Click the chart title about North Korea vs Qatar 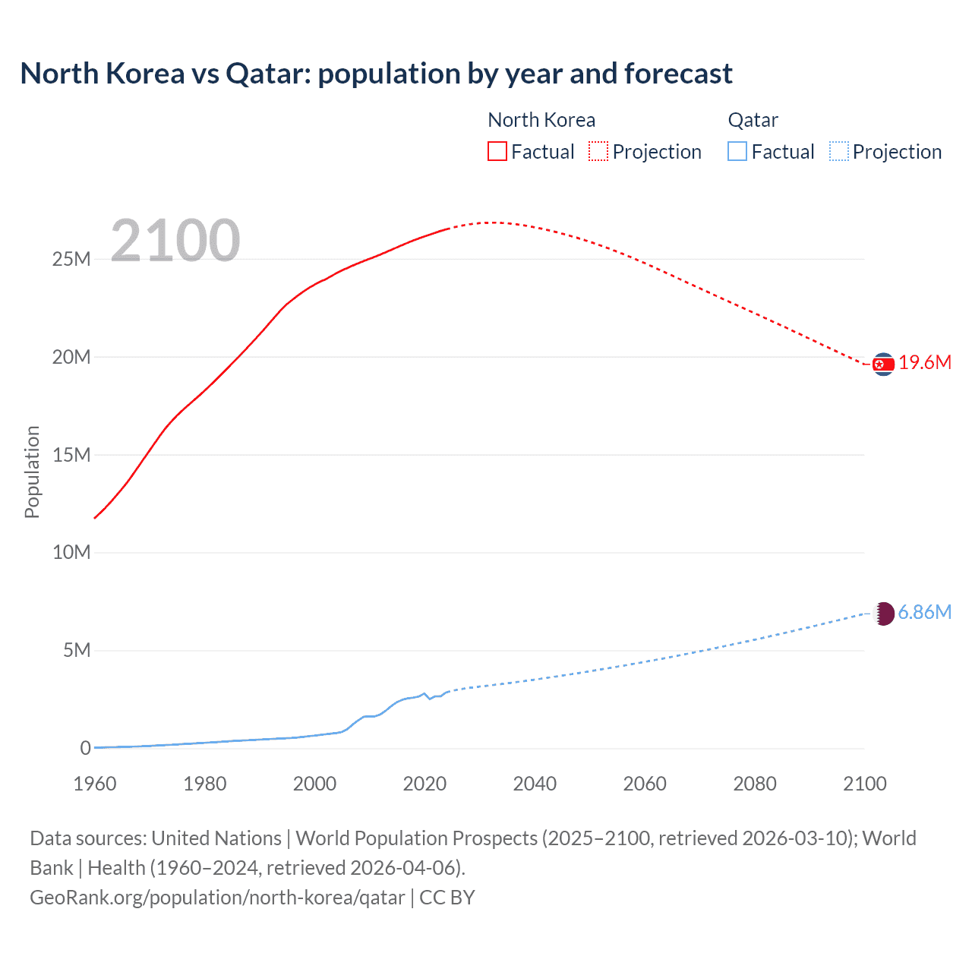[376, 74]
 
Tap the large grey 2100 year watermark [175, 241]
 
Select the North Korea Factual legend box [497, 152]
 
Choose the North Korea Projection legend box [598, 152]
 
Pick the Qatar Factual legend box [737, 152]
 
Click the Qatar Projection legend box [838, 152]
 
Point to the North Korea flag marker [883, 364]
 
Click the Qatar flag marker [883, 614]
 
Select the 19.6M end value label [925, 363]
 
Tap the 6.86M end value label [925, 613]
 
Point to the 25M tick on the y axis [71, 260]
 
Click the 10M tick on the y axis [71, 553]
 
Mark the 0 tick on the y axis [85, 749]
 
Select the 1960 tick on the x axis [95, 784]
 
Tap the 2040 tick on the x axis [535, 784]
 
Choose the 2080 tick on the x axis [755, 784]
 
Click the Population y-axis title [32, 472]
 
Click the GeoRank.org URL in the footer [217, 898]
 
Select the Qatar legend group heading [753, 121]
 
